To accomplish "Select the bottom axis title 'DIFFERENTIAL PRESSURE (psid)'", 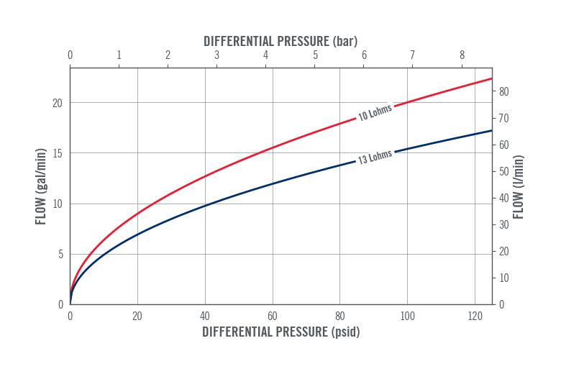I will point(280,332).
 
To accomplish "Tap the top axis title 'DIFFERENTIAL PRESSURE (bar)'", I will point(280,41).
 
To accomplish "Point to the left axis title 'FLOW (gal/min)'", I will point(40,186).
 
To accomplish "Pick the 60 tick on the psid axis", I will point(272,316).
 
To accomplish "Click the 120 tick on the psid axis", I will point(474,316).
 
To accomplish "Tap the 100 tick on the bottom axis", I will point(407,316).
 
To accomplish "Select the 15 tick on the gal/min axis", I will point(58,153).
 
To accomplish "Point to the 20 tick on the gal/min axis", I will point(58,103).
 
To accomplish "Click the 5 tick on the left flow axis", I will point(60,254).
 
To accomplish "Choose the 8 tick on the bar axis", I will point(462,55).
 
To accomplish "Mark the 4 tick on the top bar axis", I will point(266,55).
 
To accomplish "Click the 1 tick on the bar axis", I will point(119,55).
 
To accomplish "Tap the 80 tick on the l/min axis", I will point(504,91).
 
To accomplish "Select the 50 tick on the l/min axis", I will point(504,171).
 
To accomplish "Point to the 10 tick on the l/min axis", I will point(504,278).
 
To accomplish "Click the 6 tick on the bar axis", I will point(364,55).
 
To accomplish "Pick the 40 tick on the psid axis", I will point(205,316).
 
